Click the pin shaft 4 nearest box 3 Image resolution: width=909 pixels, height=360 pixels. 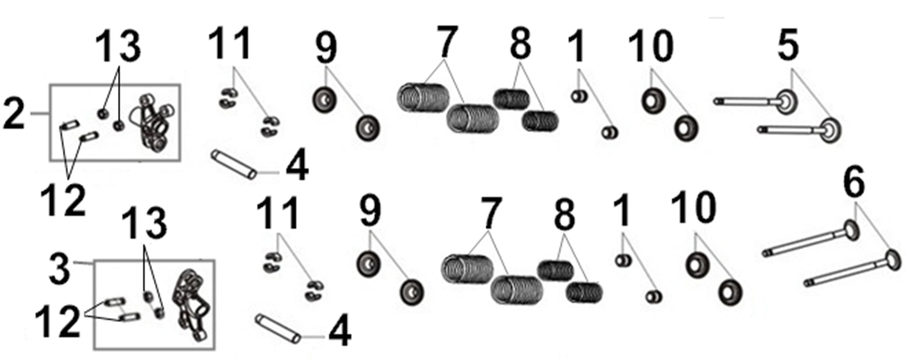tap(278, 328)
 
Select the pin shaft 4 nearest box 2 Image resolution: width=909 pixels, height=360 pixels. tap(233, 164)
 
